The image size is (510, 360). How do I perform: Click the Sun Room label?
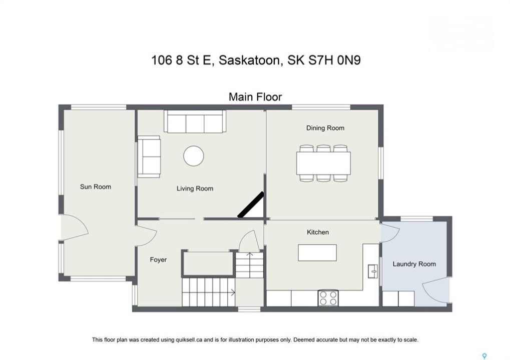click(x=95, y=187)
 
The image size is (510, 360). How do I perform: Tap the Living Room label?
click(x=195, y=188)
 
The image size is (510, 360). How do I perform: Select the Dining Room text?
click(x=325, y=128)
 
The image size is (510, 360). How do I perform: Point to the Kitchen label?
click(x=318, y=232)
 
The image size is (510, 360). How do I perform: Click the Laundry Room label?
click(x=414, y=264)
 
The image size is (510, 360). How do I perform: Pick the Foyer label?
click(x=158, y=259)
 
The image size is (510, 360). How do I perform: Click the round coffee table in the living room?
click(x=194, y=156)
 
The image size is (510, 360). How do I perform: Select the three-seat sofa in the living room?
click(x=195, y=121)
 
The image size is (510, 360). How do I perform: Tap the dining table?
click(x=323, y=163)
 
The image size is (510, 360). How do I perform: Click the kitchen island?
click(x=317, y=252)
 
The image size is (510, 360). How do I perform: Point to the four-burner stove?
click(x=328, y=298)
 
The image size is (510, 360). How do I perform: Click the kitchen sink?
click(x=373, y=271)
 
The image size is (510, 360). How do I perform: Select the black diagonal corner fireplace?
click(x=251, y=204)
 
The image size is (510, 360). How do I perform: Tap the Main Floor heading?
click(x=255, y=97)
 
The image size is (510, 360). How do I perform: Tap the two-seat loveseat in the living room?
click(x=149, y=156)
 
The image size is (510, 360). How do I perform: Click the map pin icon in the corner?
click(x=484, y=356)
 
